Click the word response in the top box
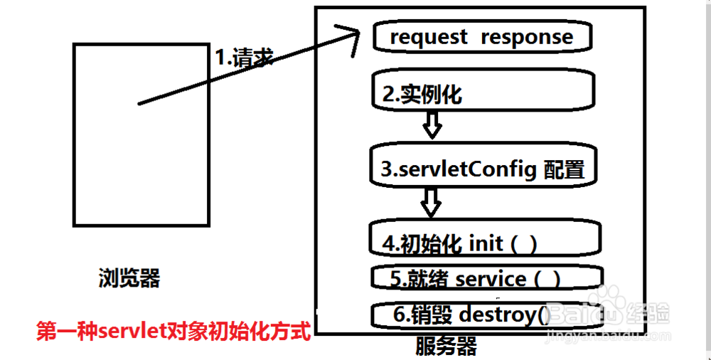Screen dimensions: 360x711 [526, 37]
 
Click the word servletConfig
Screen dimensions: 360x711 [459, 169]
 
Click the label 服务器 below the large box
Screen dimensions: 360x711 [446, 346]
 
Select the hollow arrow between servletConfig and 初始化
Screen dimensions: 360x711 [430, 201]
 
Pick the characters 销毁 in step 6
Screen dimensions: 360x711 [437, 313]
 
